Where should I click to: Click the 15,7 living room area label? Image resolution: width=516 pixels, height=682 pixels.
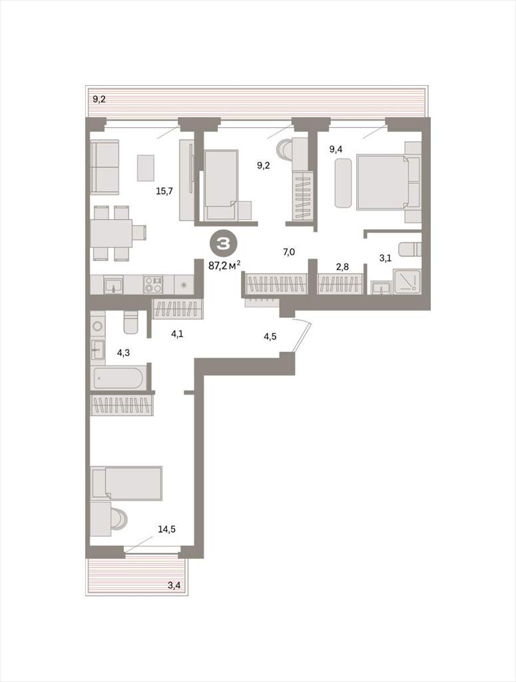pos(164,190)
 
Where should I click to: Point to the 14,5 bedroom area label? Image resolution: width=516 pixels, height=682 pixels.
pos(166,529)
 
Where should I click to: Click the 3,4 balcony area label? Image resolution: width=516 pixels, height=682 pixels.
pos(174,585)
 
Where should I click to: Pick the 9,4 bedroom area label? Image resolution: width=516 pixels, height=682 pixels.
pos(336,151)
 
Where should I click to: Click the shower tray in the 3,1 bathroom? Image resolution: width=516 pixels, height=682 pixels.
pos(407,280)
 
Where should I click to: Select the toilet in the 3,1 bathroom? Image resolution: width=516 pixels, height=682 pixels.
pos(411,249)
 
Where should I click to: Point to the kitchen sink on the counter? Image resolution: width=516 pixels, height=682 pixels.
pos(113,286)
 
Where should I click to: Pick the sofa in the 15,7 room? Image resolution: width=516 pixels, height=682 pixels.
pos(105,167)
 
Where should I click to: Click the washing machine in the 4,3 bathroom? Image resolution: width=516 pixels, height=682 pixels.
pos(97,325)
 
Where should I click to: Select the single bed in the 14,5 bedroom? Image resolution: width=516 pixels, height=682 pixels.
pos(126,483)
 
